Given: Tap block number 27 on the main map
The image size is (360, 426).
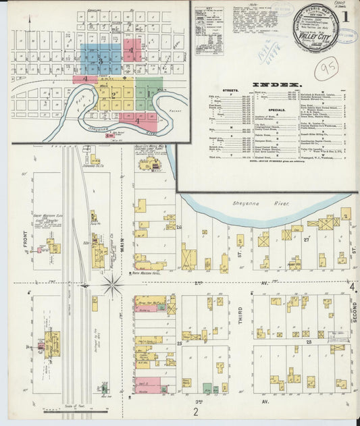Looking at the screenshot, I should click(305, 239).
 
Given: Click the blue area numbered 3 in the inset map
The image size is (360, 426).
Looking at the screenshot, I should click(101, 60).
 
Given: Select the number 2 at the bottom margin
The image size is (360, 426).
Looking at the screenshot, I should click(196, 411).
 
